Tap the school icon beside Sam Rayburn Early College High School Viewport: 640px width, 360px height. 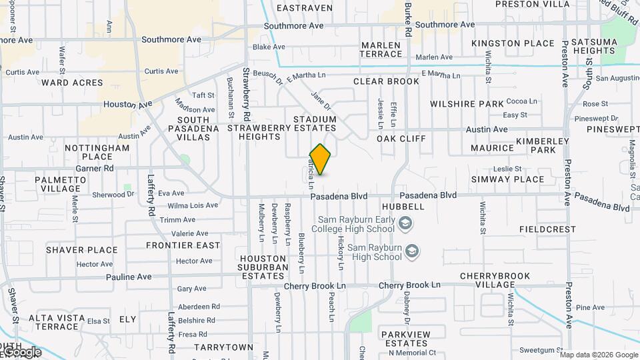pos(406,227)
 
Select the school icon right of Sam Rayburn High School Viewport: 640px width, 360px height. pos(413,251)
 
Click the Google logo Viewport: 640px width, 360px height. pos(21,352)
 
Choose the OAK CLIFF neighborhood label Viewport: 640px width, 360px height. pos(401,139)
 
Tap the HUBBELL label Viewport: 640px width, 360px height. pos(403,207)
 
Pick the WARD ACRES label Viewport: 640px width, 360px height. pos(72,83)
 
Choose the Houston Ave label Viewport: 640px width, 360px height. pos(128,105)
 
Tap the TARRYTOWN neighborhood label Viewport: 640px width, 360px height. pos(224,347)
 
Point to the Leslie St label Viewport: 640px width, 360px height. pos(526,169)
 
